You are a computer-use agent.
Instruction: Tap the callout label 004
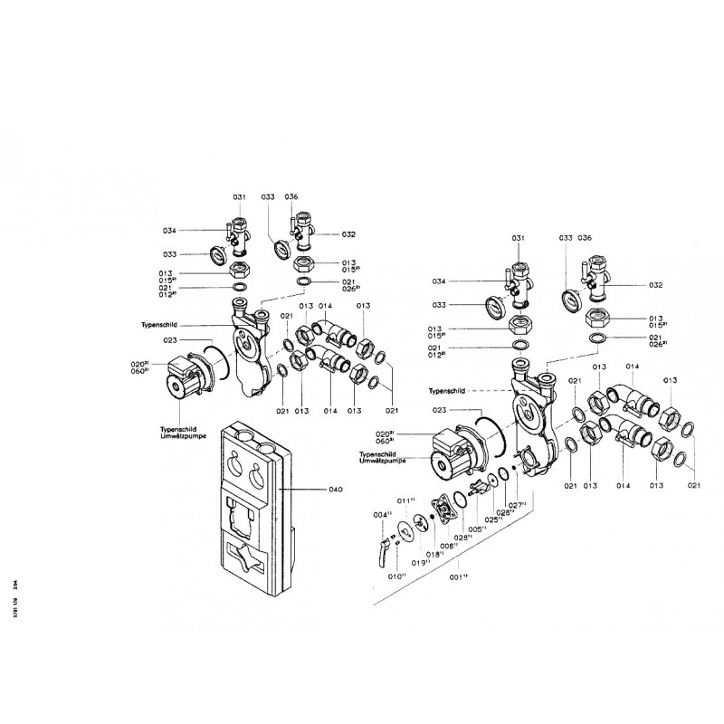click(x=382, y=515)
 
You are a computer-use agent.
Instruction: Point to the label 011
click(x=405, y=500)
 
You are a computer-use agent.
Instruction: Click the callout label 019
click(x=420, y=562)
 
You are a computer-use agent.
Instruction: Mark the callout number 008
click(x=447, y=546)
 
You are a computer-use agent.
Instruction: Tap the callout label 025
click(x=493, y=519)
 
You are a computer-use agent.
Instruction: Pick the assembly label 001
click(x=459, y=576)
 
